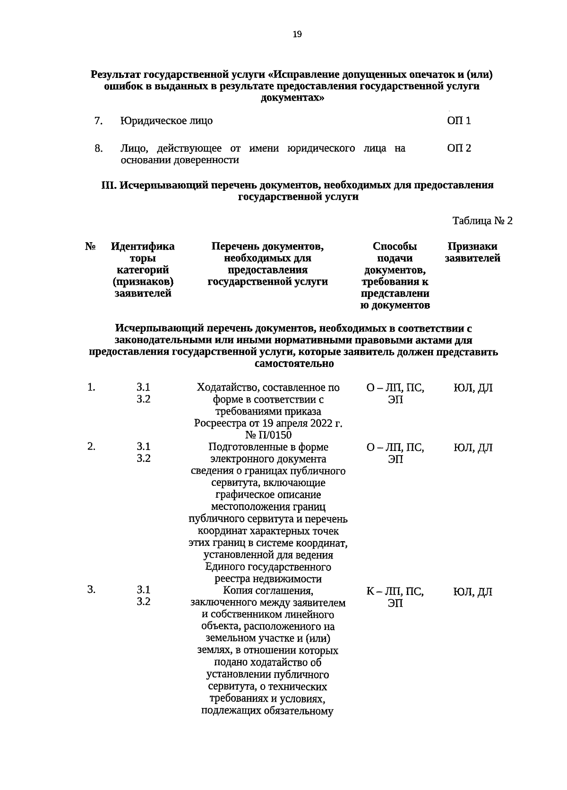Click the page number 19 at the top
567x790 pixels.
[297, 34]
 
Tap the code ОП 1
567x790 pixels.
[459, 121]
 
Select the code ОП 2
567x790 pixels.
[459, 149]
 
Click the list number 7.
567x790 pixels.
[98, 121]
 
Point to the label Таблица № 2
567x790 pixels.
[482, 221]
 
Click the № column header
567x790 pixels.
[91, 246]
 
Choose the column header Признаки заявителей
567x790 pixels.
[472, 253]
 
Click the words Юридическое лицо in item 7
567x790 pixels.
[166, 121]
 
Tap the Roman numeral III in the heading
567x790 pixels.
[109, 186]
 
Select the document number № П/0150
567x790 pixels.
[268, 435]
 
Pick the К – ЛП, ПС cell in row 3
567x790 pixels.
[395, 592]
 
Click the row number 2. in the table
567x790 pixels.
[91, 447]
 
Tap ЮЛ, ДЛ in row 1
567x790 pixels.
[472, 388]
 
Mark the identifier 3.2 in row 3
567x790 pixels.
[144, 602]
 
